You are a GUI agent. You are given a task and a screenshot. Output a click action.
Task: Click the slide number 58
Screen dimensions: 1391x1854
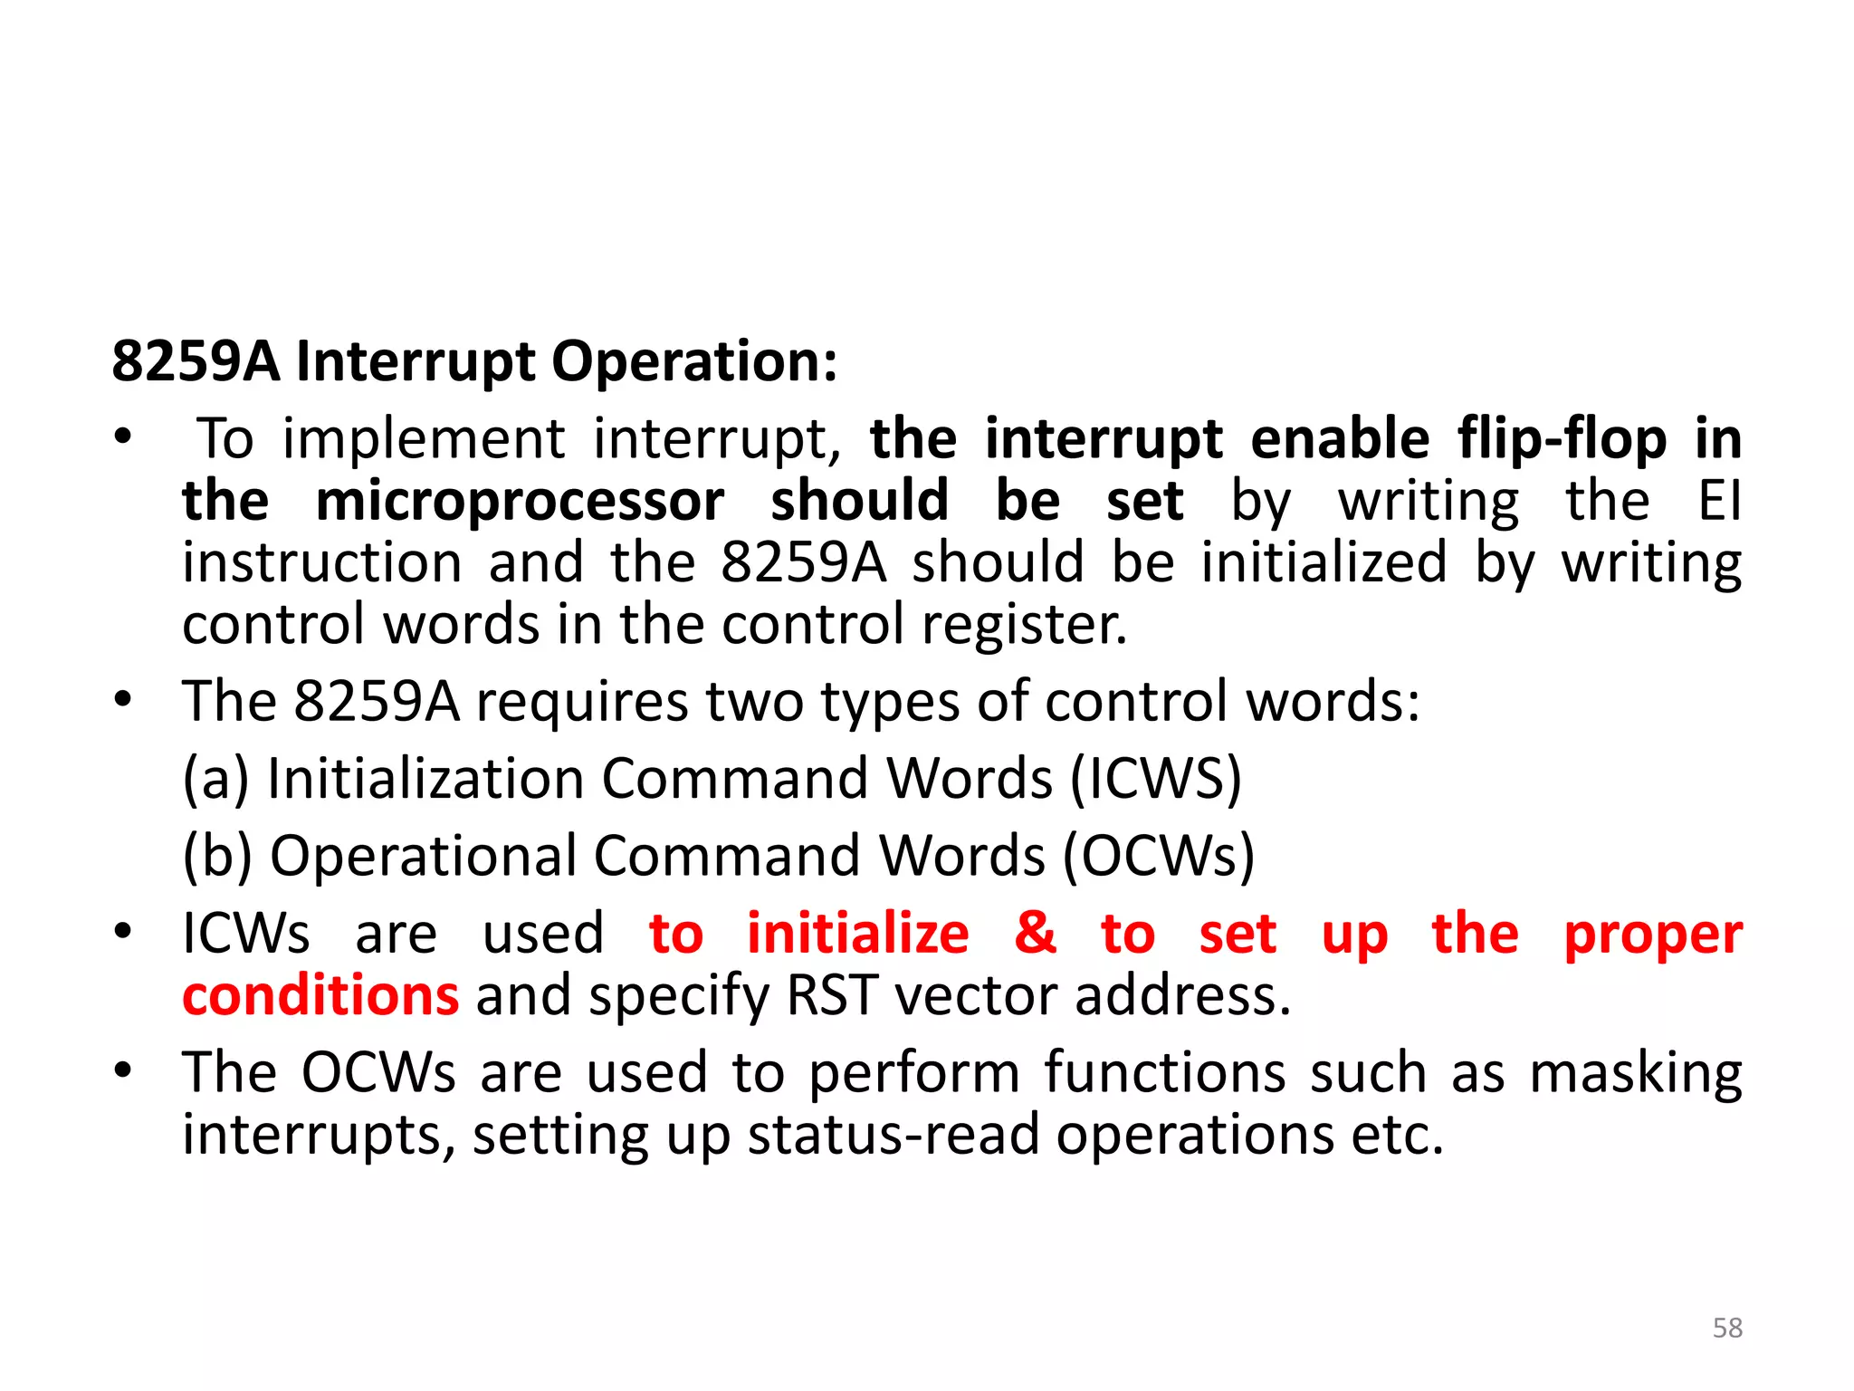coord(1727,1328)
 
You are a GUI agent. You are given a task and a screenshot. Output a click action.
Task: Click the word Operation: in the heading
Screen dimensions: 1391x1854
coord(694,360)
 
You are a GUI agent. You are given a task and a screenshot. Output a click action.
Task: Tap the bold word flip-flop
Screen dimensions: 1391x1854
coord(1562,439)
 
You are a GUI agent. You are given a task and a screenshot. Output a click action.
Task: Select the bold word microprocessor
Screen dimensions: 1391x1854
coord(520,501)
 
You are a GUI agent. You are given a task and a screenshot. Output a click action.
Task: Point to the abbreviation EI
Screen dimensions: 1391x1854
coord(1720,500)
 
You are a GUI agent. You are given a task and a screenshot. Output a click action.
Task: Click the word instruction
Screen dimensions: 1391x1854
coord(322,562)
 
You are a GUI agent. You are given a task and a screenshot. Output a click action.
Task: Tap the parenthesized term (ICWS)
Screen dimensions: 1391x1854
coord(1155,779)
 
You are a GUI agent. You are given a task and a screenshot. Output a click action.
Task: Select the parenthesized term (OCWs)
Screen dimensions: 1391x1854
coord(1159,856)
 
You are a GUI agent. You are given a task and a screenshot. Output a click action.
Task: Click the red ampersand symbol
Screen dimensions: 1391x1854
coord(1035,934)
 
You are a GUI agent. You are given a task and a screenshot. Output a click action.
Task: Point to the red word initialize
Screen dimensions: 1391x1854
coord(857,934)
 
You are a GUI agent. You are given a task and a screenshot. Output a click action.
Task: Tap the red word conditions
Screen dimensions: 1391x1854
coord(320,995)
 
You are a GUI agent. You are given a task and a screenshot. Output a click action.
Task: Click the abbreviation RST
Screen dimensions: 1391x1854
coord(832,995)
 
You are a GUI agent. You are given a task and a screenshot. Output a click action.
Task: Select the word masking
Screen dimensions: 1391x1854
coord(1636,1074)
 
